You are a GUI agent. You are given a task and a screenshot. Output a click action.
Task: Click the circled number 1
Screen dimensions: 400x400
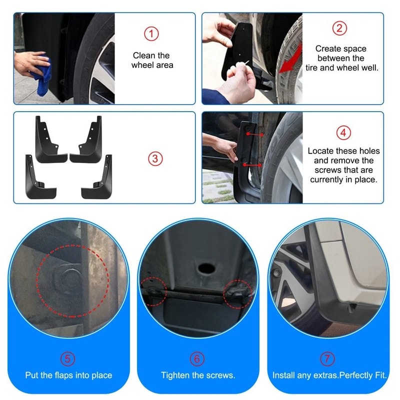coord(151,33)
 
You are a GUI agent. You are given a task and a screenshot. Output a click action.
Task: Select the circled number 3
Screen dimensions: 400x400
coord(155,158)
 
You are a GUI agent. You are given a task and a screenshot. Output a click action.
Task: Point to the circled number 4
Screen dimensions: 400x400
coord(343,133)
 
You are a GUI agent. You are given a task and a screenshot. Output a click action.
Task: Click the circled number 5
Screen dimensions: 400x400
coord(68,358)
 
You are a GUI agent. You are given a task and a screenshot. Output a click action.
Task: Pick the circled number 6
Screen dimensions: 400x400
coord(197,358)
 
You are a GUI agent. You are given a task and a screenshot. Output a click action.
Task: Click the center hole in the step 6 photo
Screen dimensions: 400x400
coord(204,268)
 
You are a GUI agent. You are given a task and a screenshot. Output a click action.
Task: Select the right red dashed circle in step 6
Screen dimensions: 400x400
coord(239,291)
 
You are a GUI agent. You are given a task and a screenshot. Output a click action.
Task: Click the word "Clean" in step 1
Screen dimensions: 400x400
coord(143,55)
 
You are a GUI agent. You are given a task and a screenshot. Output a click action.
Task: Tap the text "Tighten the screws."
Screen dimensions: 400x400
coord(197,375)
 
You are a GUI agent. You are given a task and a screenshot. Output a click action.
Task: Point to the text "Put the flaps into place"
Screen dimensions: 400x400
coord(68,375)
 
